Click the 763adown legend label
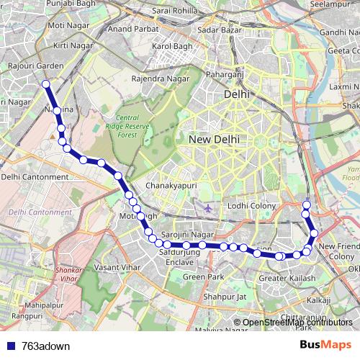46,346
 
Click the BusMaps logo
325,346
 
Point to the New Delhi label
214,139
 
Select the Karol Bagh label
169,46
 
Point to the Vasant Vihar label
117,267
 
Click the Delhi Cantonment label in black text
35,176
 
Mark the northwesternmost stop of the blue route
46,84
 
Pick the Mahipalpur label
35,306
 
